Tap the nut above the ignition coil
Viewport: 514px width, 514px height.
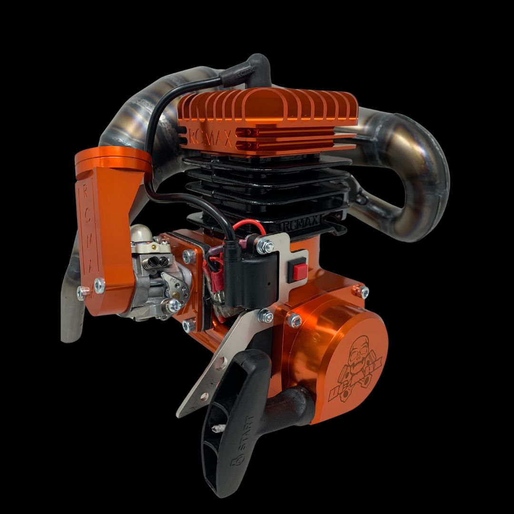[265, 246]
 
